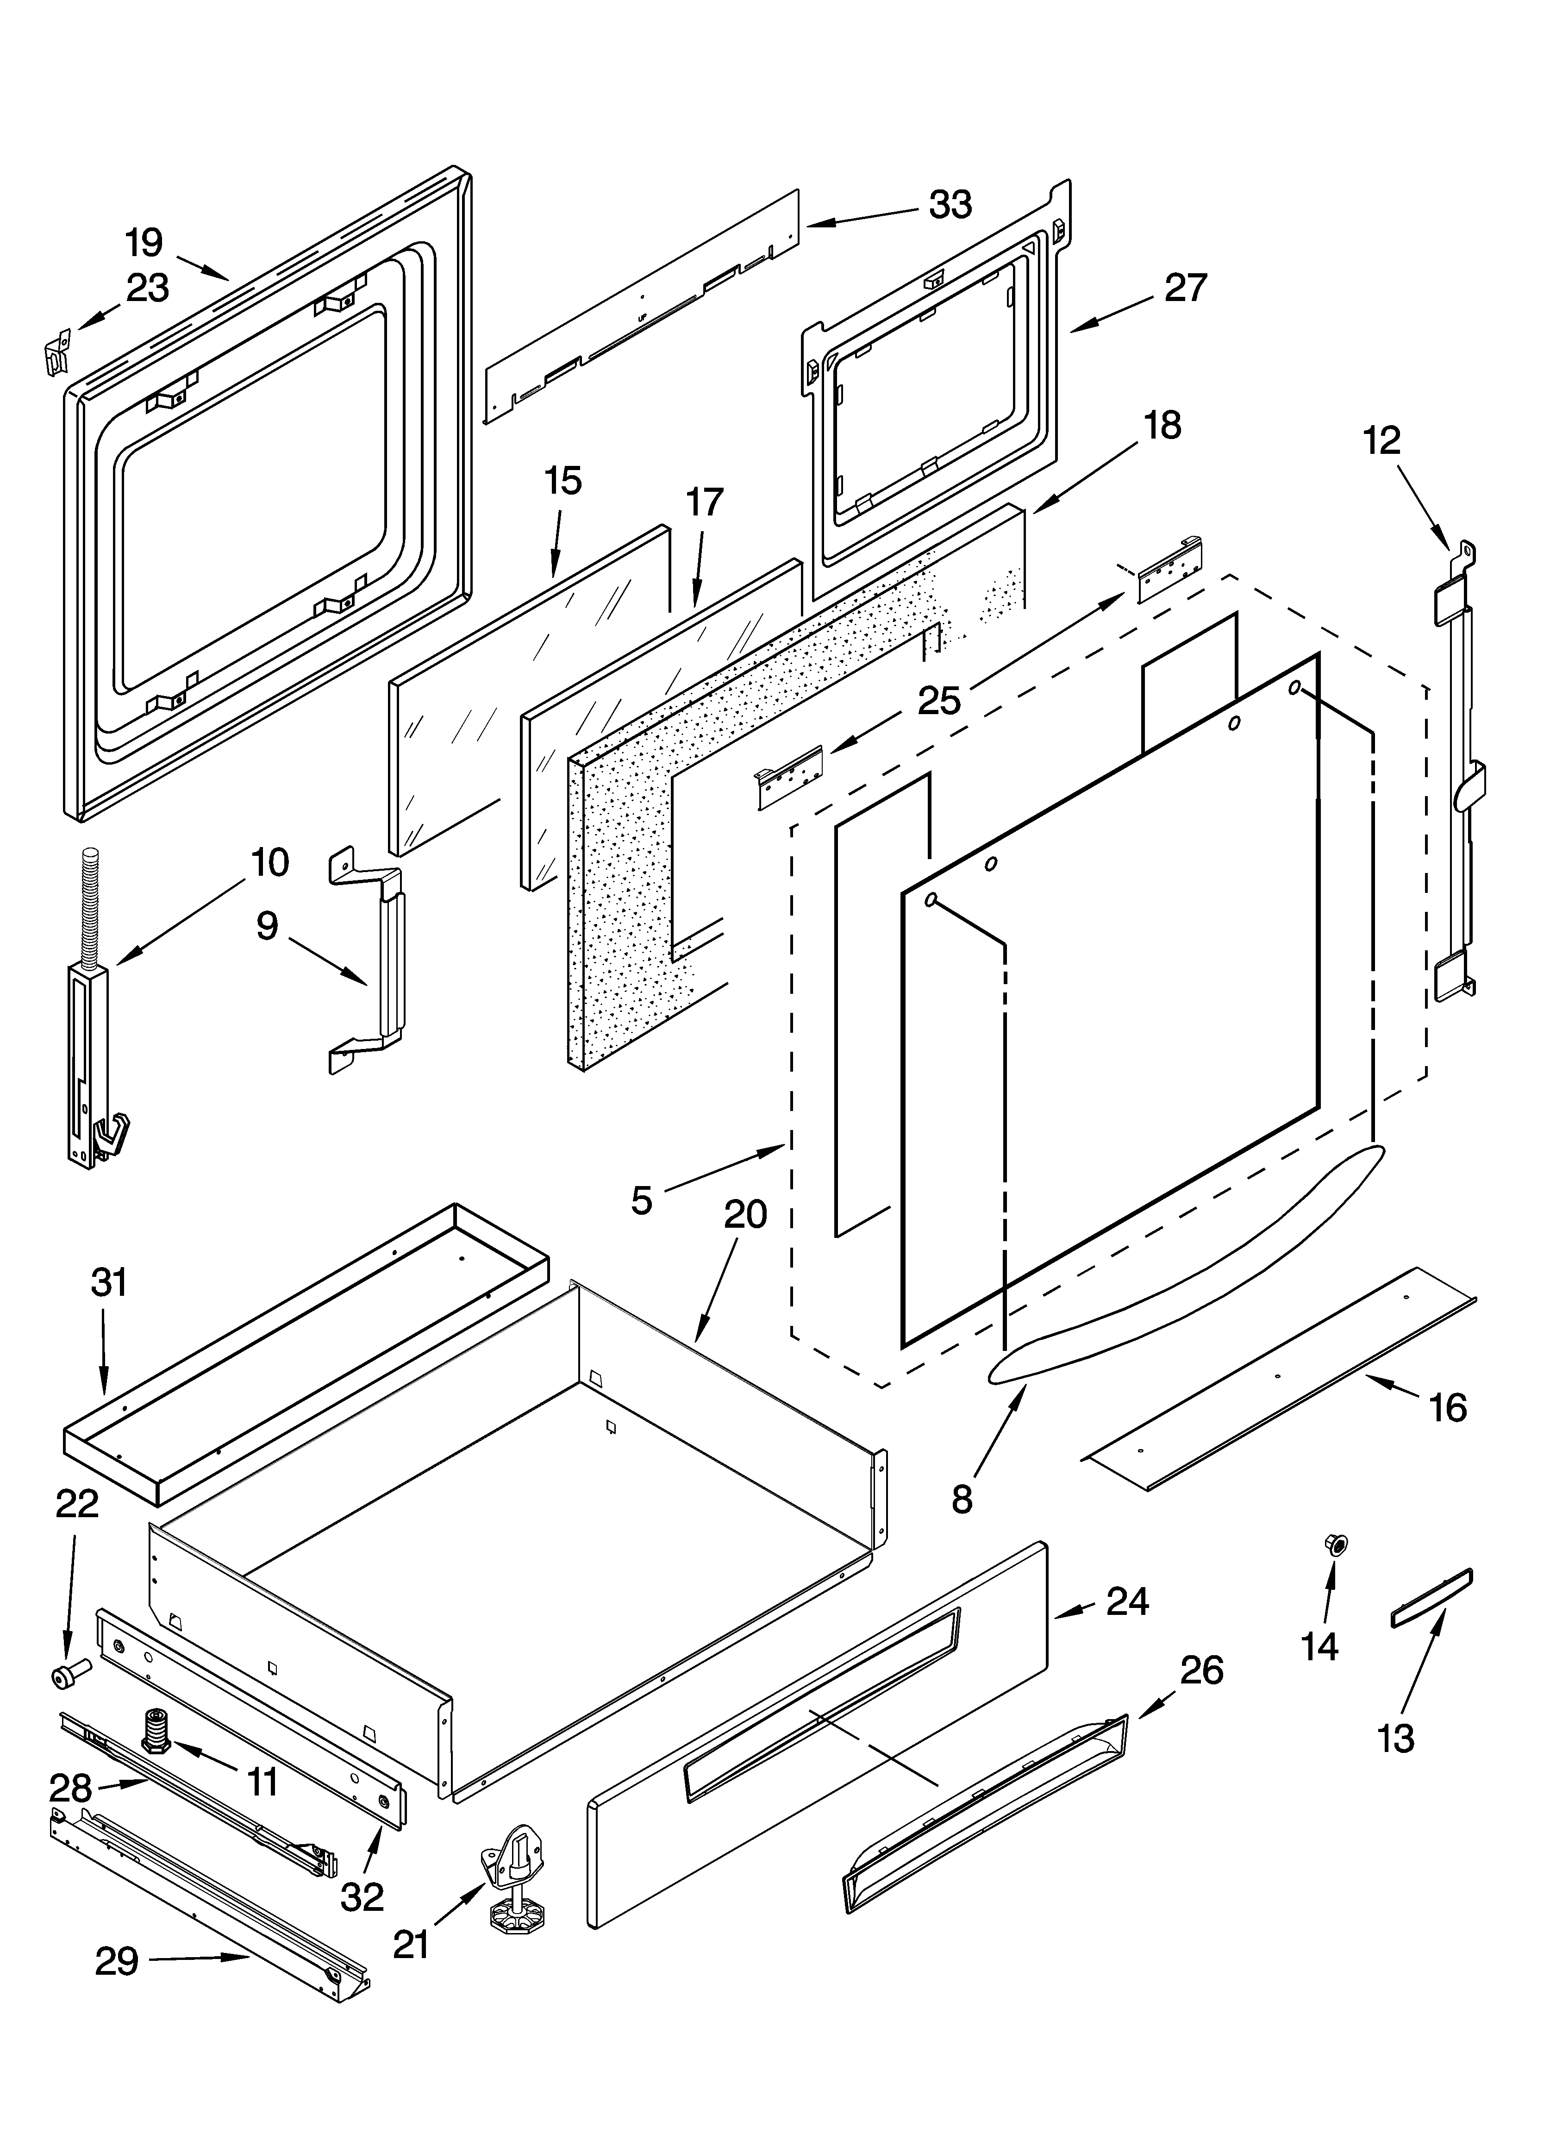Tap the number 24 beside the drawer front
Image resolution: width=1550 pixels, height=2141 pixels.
click(1127, 1602)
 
